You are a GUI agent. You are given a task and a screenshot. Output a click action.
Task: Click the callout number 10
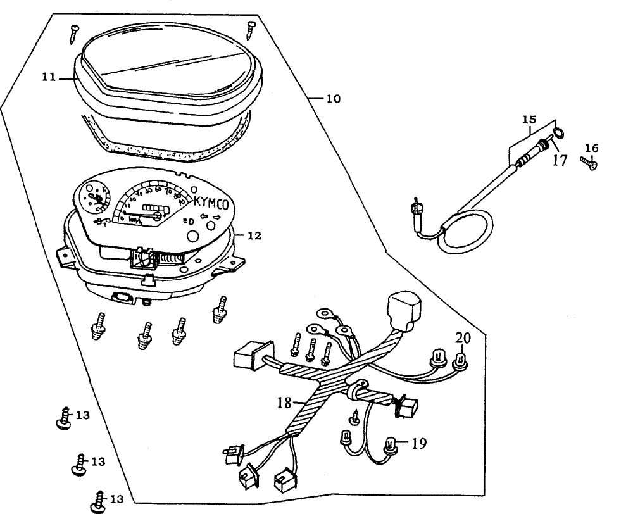tap(333, 99)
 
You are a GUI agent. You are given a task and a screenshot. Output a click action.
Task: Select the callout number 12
tap(253, 235)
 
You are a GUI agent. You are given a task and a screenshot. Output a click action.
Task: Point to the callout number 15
tap(529, 119)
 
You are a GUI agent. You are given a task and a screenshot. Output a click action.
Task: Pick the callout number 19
tap(417, 443)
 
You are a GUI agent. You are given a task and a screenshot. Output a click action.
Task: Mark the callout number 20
tap(463, 339)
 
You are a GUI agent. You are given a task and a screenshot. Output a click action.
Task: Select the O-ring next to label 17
tap(558, 134)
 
